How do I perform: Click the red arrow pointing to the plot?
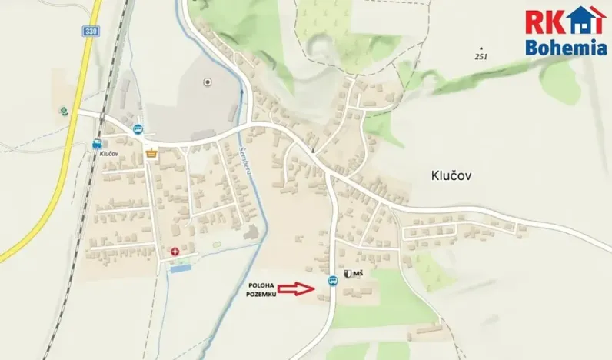point(296,288)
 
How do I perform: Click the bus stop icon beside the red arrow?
point(332,280)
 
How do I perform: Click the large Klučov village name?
point(447,175)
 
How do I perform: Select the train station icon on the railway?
point(97,143)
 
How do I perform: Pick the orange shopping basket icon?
point(151,153)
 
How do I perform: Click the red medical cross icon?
point(175,251)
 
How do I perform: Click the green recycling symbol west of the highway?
point(63,110)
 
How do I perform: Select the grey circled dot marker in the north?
point(207,82)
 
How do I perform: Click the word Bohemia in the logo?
point(566,48)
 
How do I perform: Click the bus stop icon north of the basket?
point(138,128)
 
